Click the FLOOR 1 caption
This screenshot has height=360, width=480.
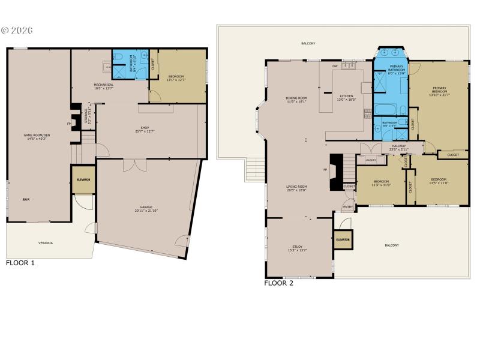point(20,263)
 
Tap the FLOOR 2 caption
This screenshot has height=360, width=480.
point(278,283)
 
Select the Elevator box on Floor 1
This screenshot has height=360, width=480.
point(83,179)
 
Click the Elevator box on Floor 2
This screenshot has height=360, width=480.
point(343,239)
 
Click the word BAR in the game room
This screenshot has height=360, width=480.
point(26,199)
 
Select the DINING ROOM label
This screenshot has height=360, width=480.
point(296,99)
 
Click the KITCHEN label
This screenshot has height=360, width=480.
point(347,97)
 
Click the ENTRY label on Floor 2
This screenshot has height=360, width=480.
point(347,208)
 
